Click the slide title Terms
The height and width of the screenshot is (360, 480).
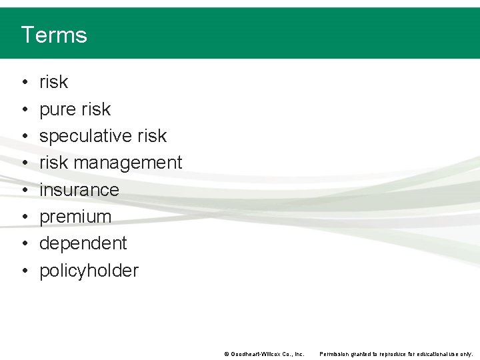[54, 35]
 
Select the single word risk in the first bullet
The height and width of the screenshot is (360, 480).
[53, 82]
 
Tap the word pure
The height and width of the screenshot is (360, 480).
[58, 109]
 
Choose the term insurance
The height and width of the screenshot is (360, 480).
[79, 190]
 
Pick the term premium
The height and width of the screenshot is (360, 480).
[75, 217]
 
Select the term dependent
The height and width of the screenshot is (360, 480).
[83, 243]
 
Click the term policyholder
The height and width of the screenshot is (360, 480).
[89, 271]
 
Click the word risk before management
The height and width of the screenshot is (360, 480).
[53, 163]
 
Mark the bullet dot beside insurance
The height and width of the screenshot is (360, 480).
[23, 190]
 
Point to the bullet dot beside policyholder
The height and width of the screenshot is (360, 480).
[23, 271]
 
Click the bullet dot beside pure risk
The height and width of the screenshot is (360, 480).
[23, 109]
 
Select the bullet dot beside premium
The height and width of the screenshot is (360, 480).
[23, 217]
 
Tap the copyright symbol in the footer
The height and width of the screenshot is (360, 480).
[226, 354]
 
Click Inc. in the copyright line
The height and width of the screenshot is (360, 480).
[299, 354]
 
